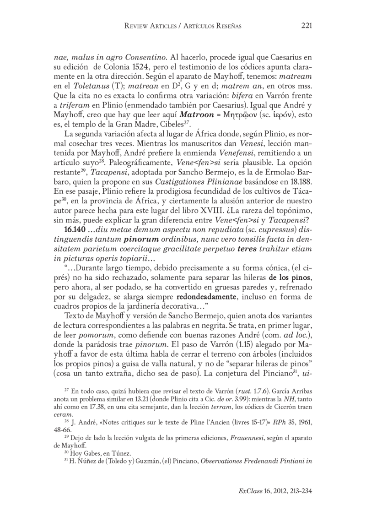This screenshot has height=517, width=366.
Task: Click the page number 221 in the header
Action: point(307,26)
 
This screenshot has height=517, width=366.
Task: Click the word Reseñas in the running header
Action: point(226,26)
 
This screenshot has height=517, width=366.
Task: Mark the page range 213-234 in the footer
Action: point(297,490)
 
